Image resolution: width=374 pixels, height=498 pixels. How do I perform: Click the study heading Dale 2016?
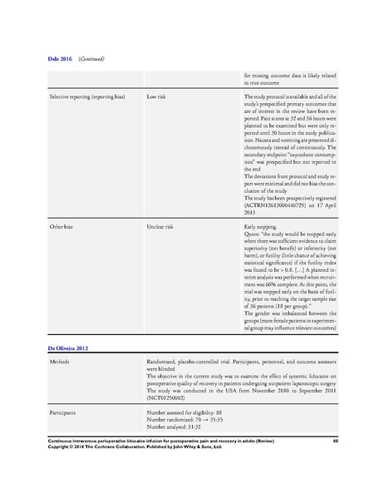[x=59, y=59]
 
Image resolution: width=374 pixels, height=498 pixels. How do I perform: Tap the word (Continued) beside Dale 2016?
[x=91, y=59]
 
